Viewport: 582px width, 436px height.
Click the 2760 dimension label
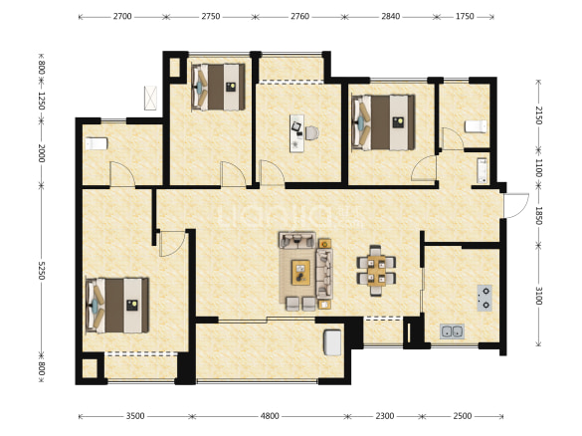coord(299,17)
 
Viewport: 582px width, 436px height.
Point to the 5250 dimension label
coord(42,271)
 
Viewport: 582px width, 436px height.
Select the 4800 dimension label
coord(270,416)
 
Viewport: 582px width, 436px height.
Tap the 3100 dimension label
coord(539,296)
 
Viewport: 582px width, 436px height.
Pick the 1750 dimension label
coord(465,17)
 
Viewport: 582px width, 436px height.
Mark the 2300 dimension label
coord(385,416)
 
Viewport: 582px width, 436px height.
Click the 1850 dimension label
coord(539,216)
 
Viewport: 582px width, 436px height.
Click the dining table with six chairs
coord(376,271)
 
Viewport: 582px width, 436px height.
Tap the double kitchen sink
coord(452,330)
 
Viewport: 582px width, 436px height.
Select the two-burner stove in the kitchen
coord(485,298)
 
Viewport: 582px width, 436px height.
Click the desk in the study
coord(296,133)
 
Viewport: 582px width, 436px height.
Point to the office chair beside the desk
coord(311,133)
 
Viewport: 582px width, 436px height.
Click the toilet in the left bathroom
coord(97,143)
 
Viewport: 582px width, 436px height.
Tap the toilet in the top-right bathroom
coord(476,126)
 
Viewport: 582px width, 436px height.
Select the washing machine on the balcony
coord(332,342)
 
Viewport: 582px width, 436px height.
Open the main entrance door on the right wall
coord(516,205)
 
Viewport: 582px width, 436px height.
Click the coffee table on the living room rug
coord(301,272)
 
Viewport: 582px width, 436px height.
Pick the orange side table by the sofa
coord(324,244)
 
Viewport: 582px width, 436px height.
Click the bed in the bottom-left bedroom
coord(117,306)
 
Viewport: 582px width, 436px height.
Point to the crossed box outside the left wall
coord(150,98)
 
